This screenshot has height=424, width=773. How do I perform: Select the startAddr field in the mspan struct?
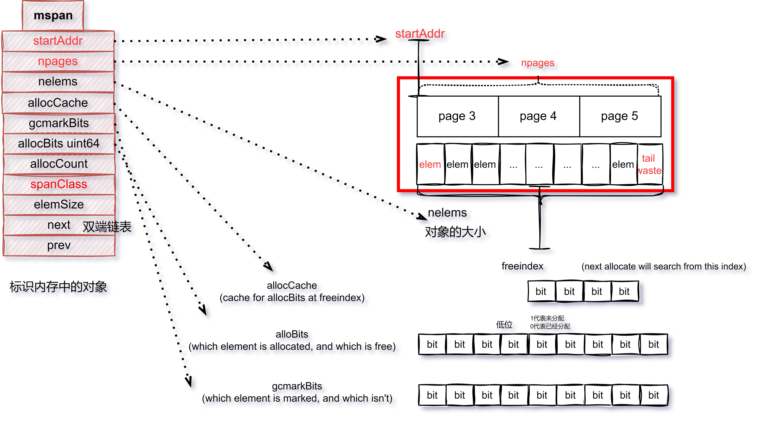(58, 41)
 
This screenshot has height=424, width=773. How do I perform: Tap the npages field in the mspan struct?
(58, 61)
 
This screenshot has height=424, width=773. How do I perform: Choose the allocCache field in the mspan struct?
(58, 103)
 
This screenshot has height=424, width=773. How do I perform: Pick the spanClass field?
(59, 184)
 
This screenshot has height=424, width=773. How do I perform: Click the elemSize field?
(59, 204)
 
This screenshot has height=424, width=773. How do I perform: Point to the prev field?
(59, 245)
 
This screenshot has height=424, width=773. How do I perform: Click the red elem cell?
(430, 165)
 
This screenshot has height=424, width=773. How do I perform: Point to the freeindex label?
(522, 266)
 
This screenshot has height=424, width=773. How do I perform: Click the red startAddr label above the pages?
(420, 34)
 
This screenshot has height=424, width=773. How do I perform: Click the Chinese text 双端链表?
(107, 227)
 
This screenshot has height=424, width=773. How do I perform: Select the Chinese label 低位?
(504, 325)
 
